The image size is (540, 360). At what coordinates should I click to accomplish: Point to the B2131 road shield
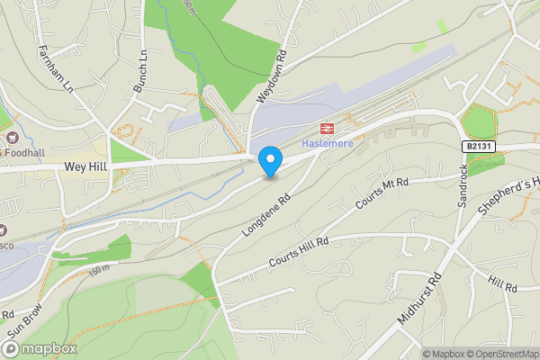480,145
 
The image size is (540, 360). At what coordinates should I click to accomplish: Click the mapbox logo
40,348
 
